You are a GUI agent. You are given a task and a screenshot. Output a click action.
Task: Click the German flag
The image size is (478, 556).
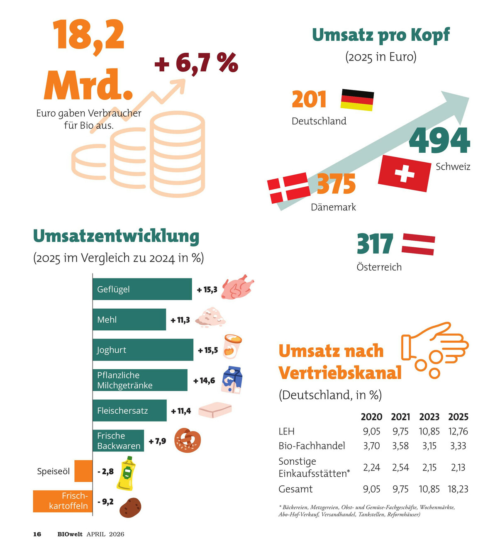pyautogui.click(x=357, y=100)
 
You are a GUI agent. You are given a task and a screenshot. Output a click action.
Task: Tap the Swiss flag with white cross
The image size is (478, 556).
pyautogui.click(x=404, y=173)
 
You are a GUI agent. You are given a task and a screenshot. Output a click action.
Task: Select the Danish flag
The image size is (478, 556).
pyautogui.click(x=289, y=188)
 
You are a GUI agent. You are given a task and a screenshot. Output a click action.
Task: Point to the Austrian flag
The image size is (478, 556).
pyautogui.click(x=418, y=244)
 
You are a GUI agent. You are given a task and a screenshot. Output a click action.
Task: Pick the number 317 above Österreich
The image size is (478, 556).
pyautogui.click(x=375, y=244)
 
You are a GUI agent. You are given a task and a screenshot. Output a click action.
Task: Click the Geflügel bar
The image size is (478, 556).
pyautogui.click(x=142, y=289)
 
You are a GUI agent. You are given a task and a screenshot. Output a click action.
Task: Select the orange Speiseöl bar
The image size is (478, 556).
pyautogui.click(x=83, y=471)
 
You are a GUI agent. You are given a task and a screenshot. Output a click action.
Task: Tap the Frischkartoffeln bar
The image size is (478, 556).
pyautogui.click(x=63, y=501)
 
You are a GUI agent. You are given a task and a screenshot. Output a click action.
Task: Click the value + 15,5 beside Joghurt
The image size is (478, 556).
pyautogui.click(x=207, y=350)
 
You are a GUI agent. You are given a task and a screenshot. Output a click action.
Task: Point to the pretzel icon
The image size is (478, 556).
pyautogui.click(x=188, y=441)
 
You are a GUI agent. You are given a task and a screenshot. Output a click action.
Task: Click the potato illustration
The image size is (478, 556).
pyautogui.click(x=130, y=507)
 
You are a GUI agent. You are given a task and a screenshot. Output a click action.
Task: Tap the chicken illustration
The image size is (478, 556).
pyautogui.click(x=237, y=287)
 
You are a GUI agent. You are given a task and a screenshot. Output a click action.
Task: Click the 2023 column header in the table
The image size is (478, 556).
pyautogui.click(x=429, y=417)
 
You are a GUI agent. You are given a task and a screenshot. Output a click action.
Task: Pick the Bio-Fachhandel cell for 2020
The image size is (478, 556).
pyautogui.click(x=371, y=446)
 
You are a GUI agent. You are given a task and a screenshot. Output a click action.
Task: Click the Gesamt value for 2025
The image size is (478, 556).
pyautogui.click(x=458, y=489)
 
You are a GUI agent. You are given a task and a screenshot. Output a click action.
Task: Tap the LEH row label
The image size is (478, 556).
pyautogui.click(x=286, y=431)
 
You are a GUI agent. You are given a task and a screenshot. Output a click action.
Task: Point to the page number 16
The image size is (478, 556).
pyautogui.click(x=37, y=534)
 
